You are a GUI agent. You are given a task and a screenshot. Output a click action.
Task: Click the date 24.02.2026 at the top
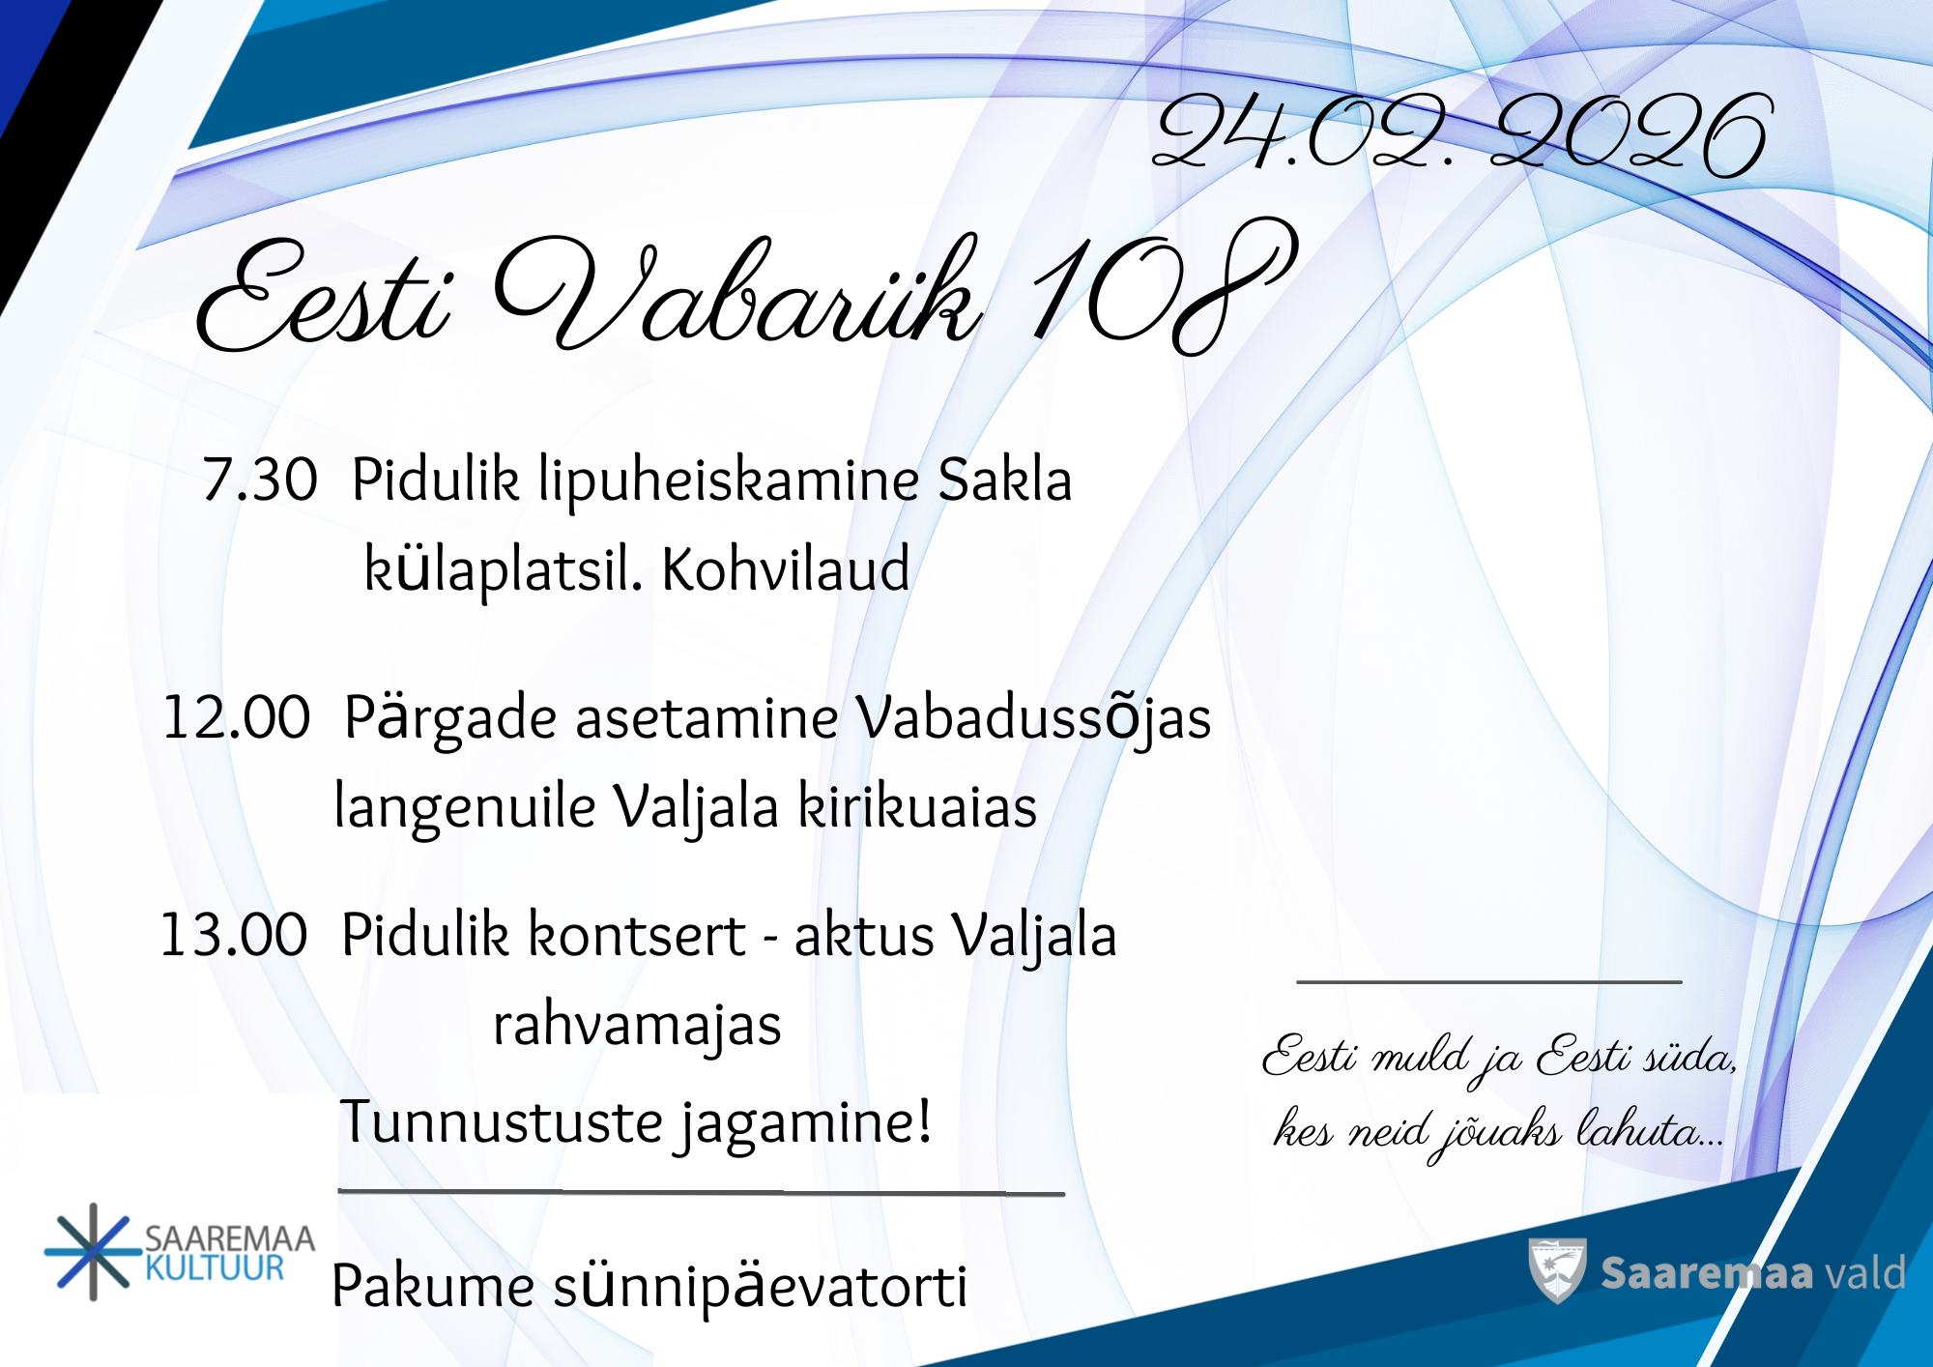(1461, 135)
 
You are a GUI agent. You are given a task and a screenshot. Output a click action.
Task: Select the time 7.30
(260, 480)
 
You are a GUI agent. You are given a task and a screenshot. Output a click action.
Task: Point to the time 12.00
(237, 718)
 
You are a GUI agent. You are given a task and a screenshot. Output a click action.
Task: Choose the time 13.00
(234, 935)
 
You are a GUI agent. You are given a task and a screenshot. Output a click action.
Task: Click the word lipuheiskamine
(728, 481)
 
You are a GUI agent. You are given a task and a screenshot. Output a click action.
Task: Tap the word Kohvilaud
(786, 568)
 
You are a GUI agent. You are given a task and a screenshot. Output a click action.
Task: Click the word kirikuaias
(917, 806)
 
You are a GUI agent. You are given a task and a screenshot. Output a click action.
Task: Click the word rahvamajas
(637, 1026)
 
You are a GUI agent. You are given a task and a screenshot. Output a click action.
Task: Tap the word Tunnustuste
(502, 1122)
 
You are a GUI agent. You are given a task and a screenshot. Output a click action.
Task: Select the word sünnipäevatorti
(760, 1288)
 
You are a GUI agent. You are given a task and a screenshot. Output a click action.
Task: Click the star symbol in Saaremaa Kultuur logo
(93, 1252)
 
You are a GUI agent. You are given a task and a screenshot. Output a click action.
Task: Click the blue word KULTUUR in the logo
(215, 1268)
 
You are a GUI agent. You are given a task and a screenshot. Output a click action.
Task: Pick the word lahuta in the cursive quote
(1649, 1128)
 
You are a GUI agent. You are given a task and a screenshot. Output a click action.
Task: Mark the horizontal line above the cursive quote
(1489, 982)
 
